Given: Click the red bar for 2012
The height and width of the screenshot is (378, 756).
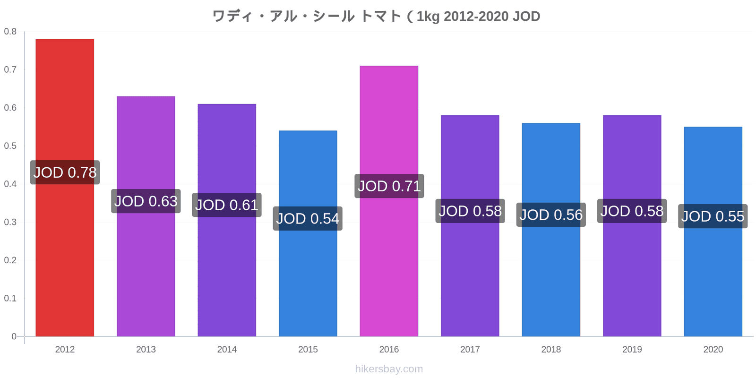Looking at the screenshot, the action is pyautogui.click(x=65, y=188).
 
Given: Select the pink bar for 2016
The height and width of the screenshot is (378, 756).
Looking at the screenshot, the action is pyautogui.click(x=389, y=201).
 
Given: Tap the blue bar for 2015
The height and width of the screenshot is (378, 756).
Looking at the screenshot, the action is pyautogui.click(x=308, y=233).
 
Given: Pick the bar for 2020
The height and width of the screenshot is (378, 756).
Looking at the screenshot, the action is pyautogui.click(x=713, y=232).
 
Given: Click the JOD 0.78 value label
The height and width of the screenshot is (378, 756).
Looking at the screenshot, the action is pyautogui.click(x=65, y=172).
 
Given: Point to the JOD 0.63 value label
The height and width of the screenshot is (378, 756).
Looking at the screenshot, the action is pyautogui.click(x=146, y=201).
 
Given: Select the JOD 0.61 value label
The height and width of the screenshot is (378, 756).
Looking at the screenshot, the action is pyautogui.click(x=227, y=205).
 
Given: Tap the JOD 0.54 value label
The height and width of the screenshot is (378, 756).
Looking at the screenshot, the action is pyautogui.click(x=308, y=218).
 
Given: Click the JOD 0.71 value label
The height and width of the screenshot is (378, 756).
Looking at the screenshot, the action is pyautogui.click(x=389, y=186).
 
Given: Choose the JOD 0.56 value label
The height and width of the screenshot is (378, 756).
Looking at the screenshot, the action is pyautogui.click(x=551, y=215).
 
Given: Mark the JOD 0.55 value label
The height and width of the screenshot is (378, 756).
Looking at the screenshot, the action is pyautogui.click(x=713, y=216).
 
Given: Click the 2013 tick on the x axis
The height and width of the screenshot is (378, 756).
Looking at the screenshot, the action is pyautogui.click(x=146, y=349).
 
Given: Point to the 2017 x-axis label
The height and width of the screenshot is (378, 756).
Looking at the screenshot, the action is pyautogui.click(x=470, y=349).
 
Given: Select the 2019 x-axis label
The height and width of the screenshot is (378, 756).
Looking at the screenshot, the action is pyautogui.click(x=632, y=349).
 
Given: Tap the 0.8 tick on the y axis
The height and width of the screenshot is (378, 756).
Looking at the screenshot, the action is pyautogui.click(x=10, y=31).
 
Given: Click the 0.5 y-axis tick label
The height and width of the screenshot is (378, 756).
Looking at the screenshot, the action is pyautogui.click(x=10, y=146).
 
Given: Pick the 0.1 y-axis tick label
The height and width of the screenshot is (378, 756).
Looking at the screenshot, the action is pyautogui.click(x=10, y=298).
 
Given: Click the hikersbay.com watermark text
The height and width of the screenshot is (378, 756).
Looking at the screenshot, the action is pyautogui.click(x=389, y=369).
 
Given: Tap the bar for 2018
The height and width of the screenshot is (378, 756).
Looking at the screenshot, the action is pyautogui.click(x=551, y=230).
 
